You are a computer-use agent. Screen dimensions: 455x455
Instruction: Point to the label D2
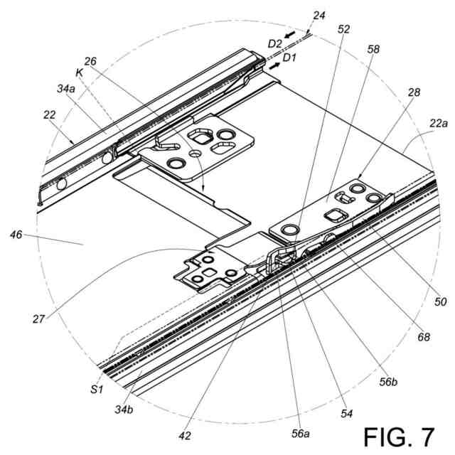tap(275, 44)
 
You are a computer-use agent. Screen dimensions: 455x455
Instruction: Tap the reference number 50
tap(440, 301)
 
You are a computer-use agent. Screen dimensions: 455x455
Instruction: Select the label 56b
tap(387, 382)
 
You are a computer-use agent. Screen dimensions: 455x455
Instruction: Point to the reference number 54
tap(346, 412)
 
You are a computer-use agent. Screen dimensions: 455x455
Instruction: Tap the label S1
tap(97, 387)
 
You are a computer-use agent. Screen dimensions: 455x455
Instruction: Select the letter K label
tap(79, 70)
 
